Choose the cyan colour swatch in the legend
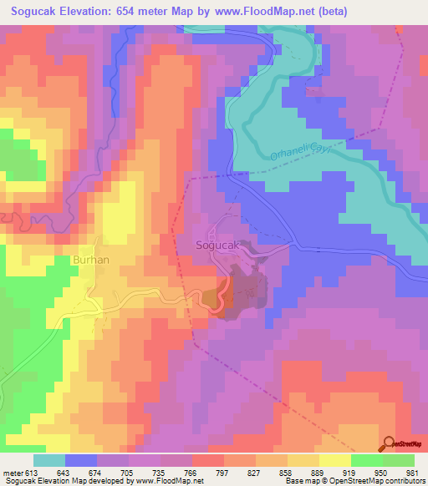(x=49, y=460)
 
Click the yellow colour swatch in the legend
(x=335, y=460)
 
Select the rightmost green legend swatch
(x=399, y=460)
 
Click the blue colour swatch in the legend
(x=81, y=460)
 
